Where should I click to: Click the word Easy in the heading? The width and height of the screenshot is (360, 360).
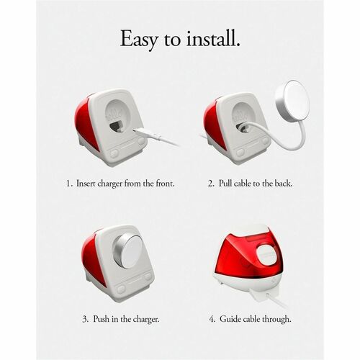[139, 40]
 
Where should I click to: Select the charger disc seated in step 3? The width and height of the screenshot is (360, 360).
[127, 251]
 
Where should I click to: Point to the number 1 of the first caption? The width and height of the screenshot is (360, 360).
[69, 184]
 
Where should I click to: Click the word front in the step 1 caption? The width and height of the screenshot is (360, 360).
[166, 184]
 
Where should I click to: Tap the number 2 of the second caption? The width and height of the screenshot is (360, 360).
[211, 184]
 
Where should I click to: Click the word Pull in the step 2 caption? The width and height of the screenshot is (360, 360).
[225, 184]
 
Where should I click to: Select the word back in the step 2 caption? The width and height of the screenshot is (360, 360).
[284, 184]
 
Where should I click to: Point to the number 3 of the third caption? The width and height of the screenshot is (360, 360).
[86, 319]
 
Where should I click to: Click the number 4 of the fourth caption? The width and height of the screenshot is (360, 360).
[212, 319]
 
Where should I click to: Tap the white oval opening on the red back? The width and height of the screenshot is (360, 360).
[266, 256]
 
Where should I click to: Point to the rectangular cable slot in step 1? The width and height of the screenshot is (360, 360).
[116, 125]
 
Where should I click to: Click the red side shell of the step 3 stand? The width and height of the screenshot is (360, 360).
[92, 259]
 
